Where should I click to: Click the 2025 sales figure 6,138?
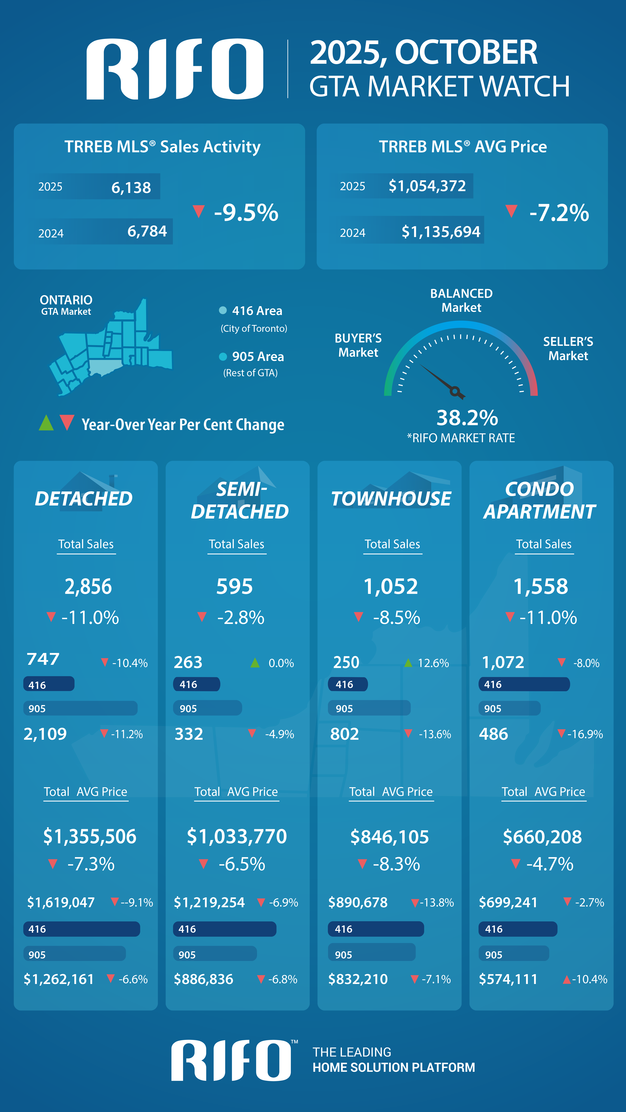[x=131, y=187]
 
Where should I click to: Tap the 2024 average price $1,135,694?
[x=440, y=232]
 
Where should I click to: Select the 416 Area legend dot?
[x=223, y=310]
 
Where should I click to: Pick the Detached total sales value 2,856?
[x=88, y=586]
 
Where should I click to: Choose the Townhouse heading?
[x=391, y=498]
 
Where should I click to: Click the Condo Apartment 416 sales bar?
[x=524, y=684]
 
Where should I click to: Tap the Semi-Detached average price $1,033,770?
[x=237, y=836]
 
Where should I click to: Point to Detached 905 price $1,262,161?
[x=59, y=979]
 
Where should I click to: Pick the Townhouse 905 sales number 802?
[x=345, y=734]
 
